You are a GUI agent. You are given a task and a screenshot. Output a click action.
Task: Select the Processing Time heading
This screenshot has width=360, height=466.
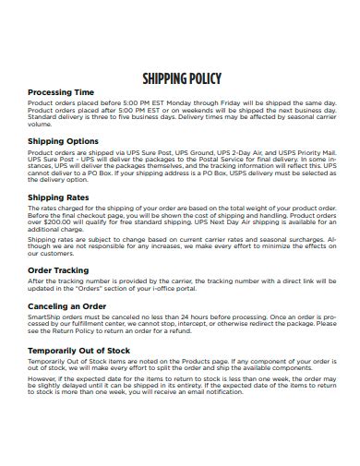pos(62,92)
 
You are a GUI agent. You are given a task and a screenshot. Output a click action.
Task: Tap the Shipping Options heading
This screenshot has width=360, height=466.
pos(64,141)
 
